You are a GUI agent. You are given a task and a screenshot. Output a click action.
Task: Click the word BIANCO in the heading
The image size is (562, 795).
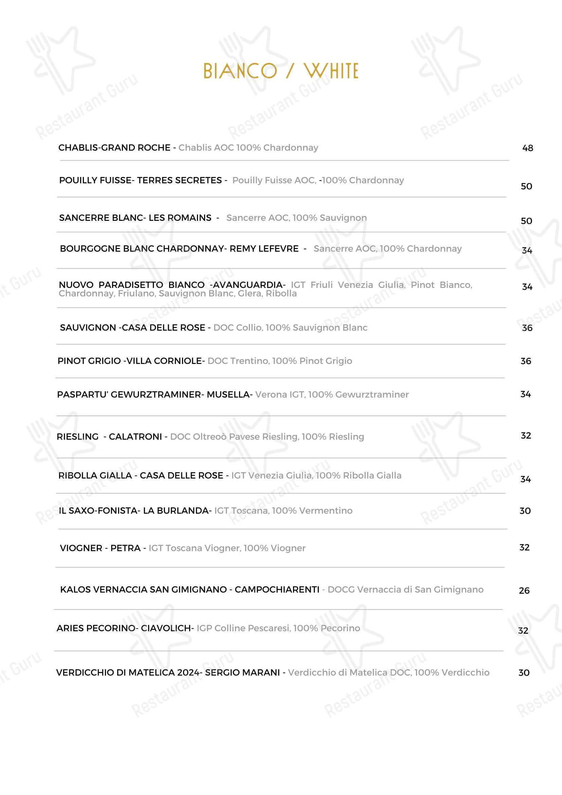pos(240,71)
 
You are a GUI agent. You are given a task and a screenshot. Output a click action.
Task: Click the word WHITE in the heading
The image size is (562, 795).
pos(331,71)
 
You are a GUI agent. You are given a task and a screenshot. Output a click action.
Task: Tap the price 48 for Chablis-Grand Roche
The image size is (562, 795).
pos(527,148)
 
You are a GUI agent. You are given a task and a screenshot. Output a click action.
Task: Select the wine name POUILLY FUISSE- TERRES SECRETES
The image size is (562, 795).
pos(140,180)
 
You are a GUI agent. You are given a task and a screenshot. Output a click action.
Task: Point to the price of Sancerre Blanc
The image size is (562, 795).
pos(526,221)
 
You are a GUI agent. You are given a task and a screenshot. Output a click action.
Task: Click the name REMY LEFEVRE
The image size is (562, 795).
pos(264,249)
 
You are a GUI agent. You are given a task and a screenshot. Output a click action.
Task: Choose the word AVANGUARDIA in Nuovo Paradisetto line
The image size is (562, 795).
pos(249,285)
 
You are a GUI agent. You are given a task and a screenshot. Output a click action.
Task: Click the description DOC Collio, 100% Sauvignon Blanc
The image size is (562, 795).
pos(290,328)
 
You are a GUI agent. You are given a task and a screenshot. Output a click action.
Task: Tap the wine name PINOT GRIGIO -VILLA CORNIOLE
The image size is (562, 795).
pos(129,361)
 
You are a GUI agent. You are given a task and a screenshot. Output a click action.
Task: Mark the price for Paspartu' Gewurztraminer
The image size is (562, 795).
pos(525,394)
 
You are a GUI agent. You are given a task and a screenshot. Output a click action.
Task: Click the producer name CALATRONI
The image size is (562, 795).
pos(135,437)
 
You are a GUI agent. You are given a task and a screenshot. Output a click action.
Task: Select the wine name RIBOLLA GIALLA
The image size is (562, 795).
pos(95,475)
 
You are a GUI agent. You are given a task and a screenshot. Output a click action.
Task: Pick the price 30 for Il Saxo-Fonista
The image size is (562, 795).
pos(525,511)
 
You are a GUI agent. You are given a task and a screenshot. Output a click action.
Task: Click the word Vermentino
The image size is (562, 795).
pos(326,511)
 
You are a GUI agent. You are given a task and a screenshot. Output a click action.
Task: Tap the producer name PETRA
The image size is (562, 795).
pos(125,548)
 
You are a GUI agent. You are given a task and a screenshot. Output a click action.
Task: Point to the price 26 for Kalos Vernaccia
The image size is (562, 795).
pos(524,590)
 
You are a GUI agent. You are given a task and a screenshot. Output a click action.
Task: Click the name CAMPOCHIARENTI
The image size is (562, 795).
pos(277,589)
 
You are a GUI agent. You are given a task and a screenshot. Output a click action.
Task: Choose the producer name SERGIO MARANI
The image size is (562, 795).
pos(242,672)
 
